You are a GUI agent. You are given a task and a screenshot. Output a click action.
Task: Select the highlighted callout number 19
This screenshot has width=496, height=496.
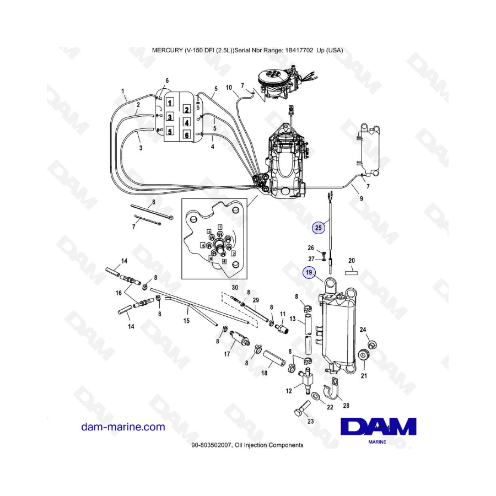pos(310,272)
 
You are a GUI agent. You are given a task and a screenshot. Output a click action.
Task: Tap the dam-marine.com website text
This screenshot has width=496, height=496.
pos(123,427)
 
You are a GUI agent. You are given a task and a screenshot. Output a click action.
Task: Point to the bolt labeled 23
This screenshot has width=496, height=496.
pos(300,411)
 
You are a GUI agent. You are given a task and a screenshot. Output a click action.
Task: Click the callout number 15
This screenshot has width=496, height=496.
pos(186,320)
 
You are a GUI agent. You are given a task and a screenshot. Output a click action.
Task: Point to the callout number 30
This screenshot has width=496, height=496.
pos(235,287)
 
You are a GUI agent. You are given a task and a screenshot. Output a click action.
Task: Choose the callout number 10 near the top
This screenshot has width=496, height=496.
pos(229,87)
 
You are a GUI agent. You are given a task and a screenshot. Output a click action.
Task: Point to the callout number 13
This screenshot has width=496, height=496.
pos(293,319)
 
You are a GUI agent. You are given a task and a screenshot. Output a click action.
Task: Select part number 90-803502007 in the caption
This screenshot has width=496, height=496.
pos(210,445)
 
